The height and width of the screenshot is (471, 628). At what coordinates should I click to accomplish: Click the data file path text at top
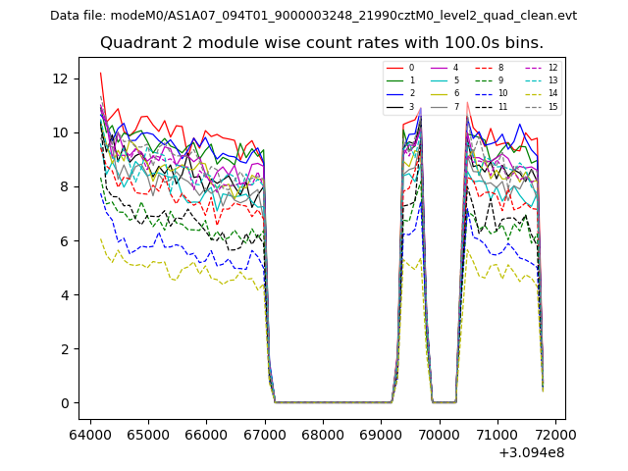[x=313, y=16]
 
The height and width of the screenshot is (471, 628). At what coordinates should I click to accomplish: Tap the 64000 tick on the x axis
[x=91, y=431]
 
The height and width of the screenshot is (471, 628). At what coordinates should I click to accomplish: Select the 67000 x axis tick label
[x=265, y=431]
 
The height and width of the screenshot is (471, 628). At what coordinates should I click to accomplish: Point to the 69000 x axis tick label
[x=381, y=431]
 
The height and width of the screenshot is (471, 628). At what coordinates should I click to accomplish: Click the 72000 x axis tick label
[x=554, y=431]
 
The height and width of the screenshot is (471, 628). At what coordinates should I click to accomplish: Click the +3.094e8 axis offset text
[x=530, y=452]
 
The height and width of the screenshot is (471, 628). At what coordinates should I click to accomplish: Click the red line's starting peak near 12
[x=100, y=73]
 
